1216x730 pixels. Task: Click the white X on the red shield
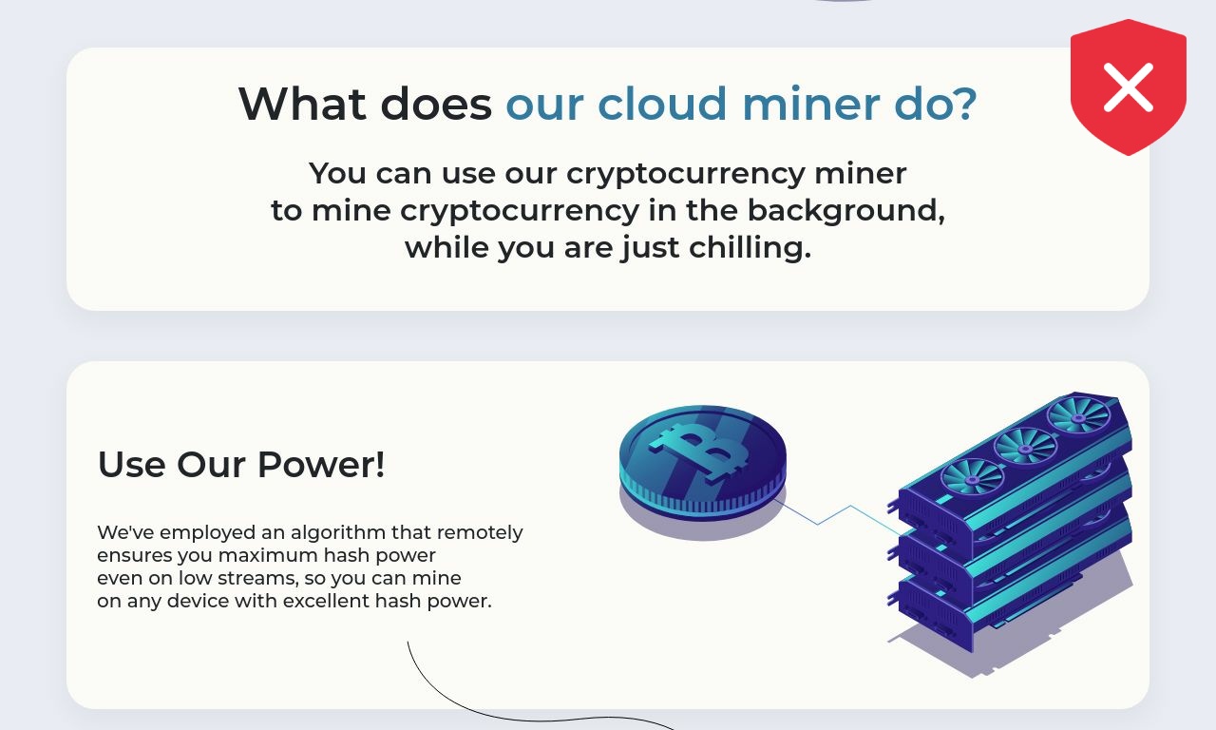pos(1128,87)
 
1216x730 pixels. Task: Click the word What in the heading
pos(302,104)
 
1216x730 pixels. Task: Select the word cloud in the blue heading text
pos(662,104)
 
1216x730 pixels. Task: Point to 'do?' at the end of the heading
pos(936,104)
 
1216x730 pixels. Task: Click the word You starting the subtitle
pos(337,174)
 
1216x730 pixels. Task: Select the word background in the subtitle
pos(845,211)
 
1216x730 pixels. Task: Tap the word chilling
pos(750,248)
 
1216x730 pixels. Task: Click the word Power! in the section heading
pos(321,465)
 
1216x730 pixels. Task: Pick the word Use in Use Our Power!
pos(131,465)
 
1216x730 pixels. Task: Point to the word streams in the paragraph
pos(257,579)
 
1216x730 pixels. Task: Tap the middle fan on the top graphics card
pos(1025,449)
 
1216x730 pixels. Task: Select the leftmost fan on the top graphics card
pos(972,479)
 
